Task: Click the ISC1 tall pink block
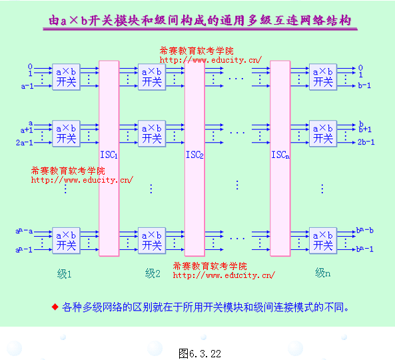(109, 158)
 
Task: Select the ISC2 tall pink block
(195, 158)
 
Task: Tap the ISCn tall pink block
(280, 158)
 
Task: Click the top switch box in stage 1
(67, 77)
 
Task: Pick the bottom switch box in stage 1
(67, 241)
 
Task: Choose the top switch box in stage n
(323, 77)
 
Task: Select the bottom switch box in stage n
(323, 241)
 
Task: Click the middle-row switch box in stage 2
(152, 133)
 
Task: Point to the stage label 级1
(64, 273)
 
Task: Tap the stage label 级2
(153, 273)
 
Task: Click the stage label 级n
(322, 273)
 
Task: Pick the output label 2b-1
(366, 142)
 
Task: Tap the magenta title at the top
(200, 21)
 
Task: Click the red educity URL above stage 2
(210, 59)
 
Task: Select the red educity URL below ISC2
(224, 275)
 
